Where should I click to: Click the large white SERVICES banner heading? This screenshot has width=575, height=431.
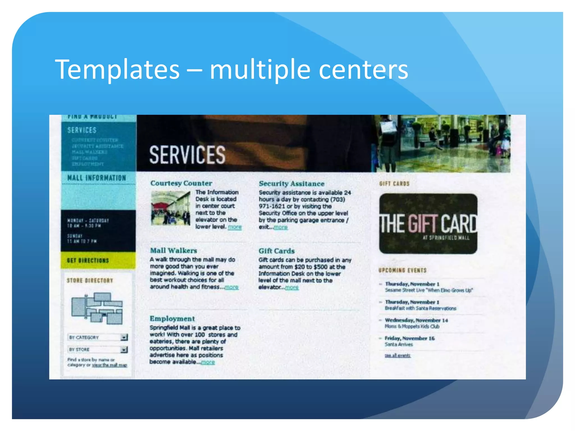pyautogui.click(x=187, y=155)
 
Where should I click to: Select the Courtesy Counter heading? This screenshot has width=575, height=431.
pyautogui.click(x=181, y=183)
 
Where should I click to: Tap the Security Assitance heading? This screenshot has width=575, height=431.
pyautogui.click(x=291, y=184)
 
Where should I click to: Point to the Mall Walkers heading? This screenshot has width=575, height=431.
pyautogui.click(x=173, y=251)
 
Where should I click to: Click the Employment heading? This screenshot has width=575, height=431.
pyautogui.click(x=172, y=319)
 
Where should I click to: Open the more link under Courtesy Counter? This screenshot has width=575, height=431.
pyautogui.click(x=235, y=227)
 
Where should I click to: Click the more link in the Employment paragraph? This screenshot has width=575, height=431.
pyautogui.click(x=208, y=362)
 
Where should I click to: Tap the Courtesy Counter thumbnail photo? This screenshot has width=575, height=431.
pyautogui.click(x=170, y=208)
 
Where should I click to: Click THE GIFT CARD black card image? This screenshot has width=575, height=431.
pyautogui.click(x=428, y=224)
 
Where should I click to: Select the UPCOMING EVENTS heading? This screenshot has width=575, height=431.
pyautogui.click(x=402, y=270)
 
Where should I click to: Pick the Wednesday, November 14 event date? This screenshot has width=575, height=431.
pyautogui.click(x=416, y=320)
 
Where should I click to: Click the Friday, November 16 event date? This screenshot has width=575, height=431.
pyautogui.click(x=409, y=338)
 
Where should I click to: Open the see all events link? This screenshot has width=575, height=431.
pyautogui.click(x=397, y=356)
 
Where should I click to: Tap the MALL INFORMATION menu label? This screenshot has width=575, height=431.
pyautogui.click(x=97, y=178)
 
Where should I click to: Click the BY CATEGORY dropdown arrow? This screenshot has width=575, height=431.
pyautogui.click(x=124, y=337)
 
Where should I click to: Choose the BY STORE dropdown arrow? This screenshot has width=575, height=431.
pyautogui.click(x=124, y=350)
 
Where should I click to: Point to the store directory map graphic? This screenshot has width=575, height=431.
pyautogui.click(x=97, y=308)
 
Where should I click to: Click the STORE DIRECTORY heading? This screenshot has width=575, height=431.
pyautogui.click(x=90, y=281)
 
